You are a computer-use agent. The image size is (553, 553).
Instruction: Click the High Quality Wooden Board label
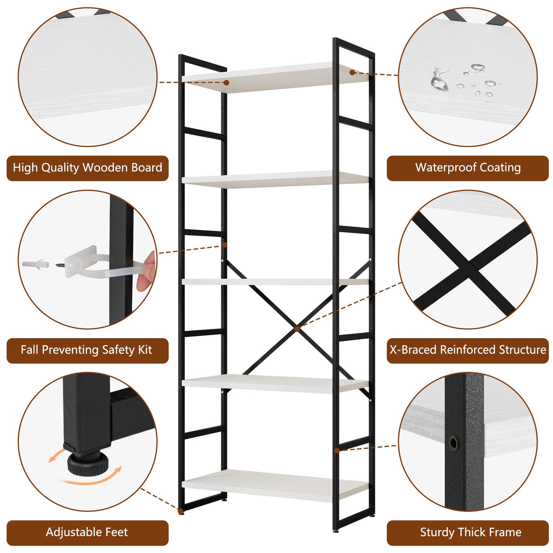coord(87,168)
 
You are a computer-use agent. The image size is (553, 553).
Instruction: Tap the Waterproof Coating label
coord(468,168)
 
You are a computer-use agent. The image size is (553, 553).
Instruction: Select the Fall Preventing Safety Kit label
coord(87,350)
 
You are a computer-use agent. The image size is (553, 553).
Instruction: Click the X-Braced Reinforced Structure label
coord(468,350)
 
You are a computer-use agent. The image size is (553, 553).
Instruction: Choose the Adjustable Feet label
coord(87,532)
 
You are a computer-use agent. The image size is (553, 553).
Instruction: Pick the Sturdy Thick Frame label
coord(471,532)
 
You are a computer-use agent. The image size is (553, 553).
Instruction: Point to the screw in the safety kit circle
coord(60,264)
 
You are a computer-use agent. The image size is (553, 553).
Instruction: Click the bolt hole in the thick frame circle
coord(454,442)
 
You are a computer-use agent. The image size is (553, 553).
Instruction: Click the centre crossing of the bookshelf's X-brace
coord(297,328)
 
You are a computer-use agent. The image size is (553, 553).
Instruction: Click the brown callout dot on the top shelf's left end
coord(226,82)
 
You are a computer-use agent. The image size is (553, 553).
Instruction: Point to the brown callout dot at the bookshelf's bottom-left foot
coord(181,511)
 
